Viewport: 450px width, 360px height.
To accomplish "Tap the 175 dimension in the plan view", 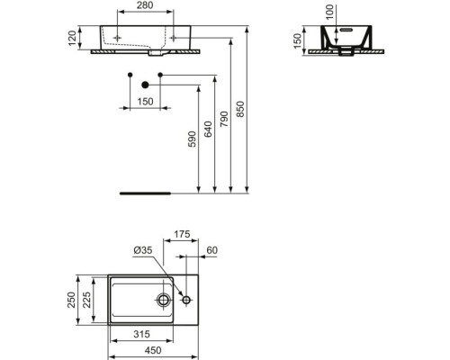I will click(181, 236).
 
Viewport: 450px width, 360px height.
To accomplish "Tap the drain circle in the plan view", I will click(165, 299).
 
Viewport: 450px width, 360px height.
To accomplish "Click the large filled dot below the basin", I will click(143, 84).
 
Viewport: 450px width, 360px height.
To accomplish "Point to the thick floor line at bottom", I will click(146, 192).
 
